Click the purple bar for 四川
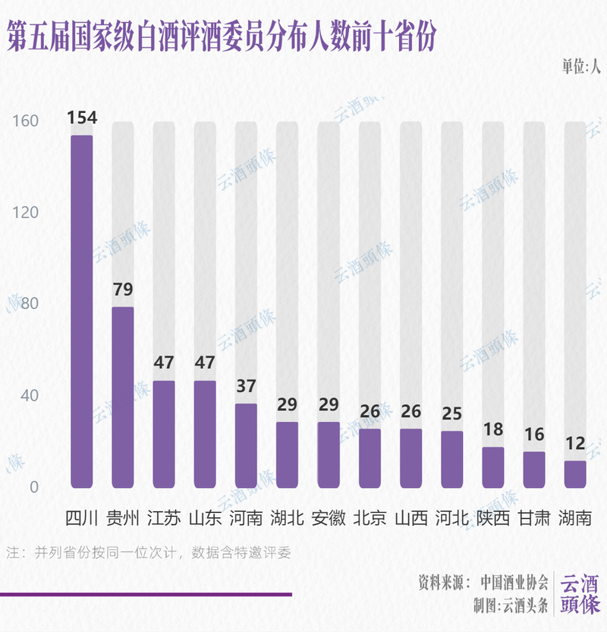82,311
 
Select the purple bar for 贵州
123,397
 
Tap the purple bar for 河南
246,445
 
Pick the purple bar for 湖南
575,474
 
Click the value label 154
82,118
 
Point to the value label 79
123,289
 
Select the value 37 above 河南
246,386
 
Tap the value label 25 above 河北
451,413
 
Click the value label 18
492,429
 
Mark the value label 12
575,443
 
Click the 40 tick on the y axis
28,395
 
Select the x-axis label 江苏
164,518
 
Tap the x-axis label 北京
370,518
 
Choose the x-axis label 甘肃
534,518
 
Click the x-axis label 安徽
329,518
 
